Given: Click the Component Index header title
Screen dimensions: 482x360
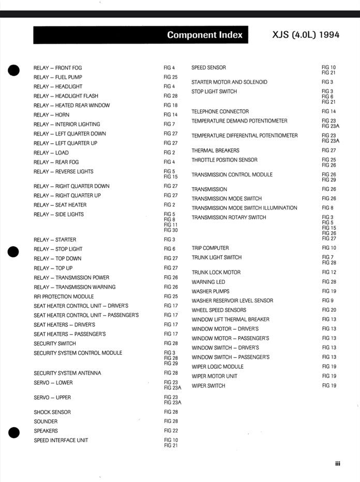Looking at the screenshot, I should point(204,35).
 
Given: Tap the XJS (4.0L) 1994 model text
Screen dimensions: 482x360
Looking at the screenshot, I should point(305,35).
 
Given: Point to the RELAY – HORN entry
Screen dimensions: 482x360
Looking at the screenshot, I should point(51,115).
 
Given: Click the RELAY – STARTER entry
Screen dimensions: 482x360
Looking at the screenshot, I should point(54,240).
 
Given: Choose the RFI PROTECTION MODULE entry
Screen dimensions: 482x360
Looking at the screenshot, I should point(64,297).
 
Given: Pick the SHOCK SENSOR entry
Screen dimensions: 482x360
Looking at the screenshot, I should point(52,412).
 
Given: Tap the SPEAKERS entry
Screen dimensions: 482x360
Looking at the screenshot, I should point(46,431).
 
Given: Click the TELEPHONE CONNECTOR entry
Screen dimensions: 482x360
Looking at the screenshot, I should point(220,112).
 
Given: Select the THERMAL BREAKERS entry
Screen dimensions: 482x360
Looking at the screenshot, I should point(215,150).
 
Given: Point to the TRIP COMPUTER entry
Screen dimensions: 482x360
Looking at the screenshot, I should point(210,248).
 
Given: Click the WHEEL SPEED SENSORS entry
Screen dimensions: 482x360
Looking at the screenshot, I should point(219,310).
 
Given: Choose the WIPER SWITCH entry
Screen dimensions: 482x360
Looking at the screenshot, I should point(208,386).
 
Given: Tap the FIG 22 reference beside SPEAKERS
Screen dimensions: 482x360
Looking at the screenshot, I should point(171,431).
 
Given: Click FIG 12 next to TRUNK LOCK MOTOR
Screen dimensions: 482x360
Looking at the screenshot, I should point(329,273).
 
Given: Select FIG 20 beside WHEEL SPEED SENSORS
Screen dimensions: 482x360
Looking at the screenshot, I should point(329,310).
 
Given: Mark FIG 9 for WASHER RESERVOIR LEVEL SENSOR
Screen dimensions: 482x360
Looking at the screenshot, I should point(327,300).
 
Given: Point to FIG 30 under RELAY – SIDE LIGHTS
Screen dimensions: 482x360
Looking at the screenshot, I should point(171,230).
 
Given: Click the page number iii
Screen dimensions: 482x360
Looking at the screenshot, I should point(337,464).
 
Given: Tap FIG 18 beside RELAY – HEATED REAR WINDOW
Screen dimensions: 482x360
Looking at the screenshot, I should point(171,106).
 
